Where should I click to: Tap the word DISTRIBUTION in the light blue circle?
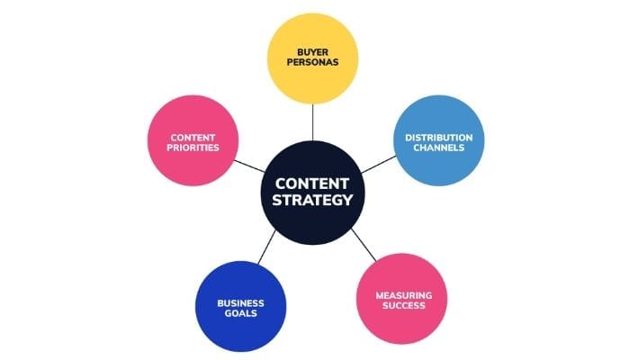[x=438, y=137]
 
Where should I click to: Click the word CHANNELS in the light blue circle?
[x=438, y=148]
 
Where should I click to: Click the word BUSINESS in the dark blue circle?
[x=240, y=302]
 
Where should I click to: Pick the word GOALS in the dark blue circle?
[x=240, y=314]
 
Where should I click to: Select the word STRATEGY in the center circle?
[x=313, y=200]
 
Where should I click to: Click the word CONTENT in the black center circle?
[x=313, y=180]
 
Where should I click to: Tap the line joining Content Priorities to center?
[x=249, y=166]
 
